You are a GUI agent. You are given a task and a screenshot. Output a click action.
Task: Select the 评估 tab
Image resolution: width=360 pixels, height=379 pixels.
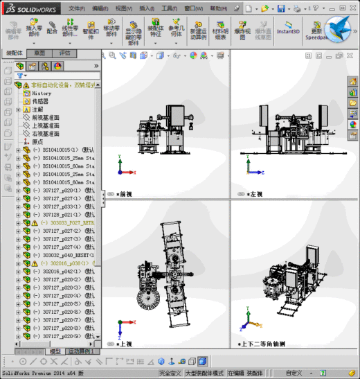(64, 53)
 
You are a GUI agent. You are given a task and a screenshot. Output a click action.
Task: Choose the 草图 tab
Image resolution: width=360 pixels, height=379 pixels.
(39, 53)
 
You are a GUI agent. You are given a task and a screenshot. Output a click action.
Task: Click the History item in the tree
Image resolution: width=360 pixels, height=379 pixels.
(42, 93)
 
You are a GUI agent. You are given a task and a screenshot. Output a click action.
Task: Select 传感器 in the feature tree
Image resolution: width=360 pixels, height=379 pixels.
(41, 101)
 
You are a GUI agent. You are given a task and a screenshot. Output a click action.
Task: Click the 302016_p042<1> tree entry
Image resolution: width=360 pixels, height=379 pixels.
(62, 272)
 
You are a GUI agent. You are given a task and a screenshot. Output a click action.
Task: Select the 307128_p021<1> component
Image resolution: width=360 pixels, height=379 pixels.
(62, 215)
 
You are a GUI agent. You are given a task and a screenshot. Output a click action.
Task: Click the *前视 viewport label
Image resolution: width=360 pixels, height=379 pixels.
(124, 195)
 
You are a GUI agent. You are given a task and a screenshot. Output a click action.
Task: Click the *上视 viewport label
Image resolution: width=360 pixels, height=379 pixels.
(124, 344)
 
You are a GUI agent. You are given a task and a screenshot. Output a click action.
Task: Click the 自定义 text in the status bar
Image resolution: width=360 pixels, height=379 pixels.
(294, 373)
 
